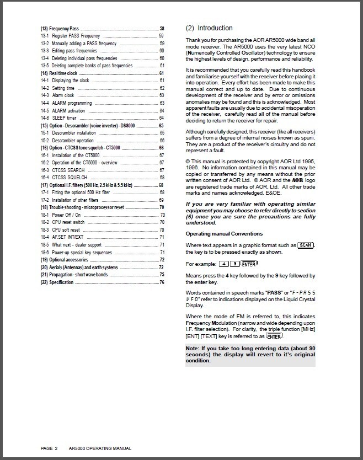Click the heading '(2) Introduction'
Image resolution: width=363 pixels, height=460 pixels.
(209, 28)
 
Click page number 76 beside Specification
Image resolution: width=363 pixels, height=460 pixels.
(162, 282)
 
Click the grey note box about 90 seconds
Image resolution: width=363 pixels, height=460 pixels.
(250, 355)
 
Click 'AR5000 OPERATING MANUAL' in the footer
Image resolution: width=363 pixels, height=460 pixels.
(100, 448)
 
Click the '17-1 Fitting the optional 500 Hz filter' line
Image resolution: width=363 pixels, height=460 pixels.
(78, 192)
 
